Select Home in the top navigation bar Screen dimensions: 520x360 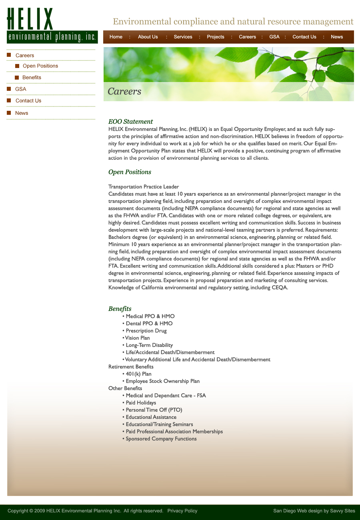(x=116, y=37)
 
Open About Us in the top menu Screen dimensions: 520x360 (x=148, y=37)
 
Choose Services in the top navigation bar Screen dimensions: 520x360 (x=183, y=37)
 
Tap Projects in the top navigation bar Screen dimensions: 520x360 (x=215, y=37)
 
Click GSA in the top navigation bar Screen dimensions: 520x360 (x=274, y=37)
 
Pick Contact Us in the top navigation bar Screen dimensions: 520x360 (x=304, y=37)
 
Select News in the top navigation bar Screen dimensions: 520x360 (x=337, y=37)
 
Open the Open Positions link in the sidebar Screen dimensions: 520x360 (x=40, y=66)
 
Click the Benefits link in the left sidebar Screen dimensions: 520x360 (x=32, y=78)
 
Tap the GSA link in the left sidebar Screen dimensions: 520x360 (x=21, y=89)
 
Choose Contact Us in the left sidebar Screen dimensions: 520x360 (x=28, y=101)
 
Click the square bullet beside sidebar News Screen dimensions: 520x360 (x=9, y=113)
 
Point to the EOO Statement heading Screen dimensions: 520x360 (x=130, y=122)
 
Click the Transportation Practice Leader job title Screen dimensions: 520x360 (x=144, y=187)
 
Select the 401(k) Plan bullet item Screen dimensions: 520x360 (x=138, y=374)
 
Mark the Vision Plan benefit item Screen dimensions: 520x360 (x=137, y=338)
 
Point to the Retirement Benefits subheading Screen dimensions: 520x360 (x=131, y=367)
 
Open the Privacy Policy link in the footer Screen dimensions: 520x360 (x=182, y=511)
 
